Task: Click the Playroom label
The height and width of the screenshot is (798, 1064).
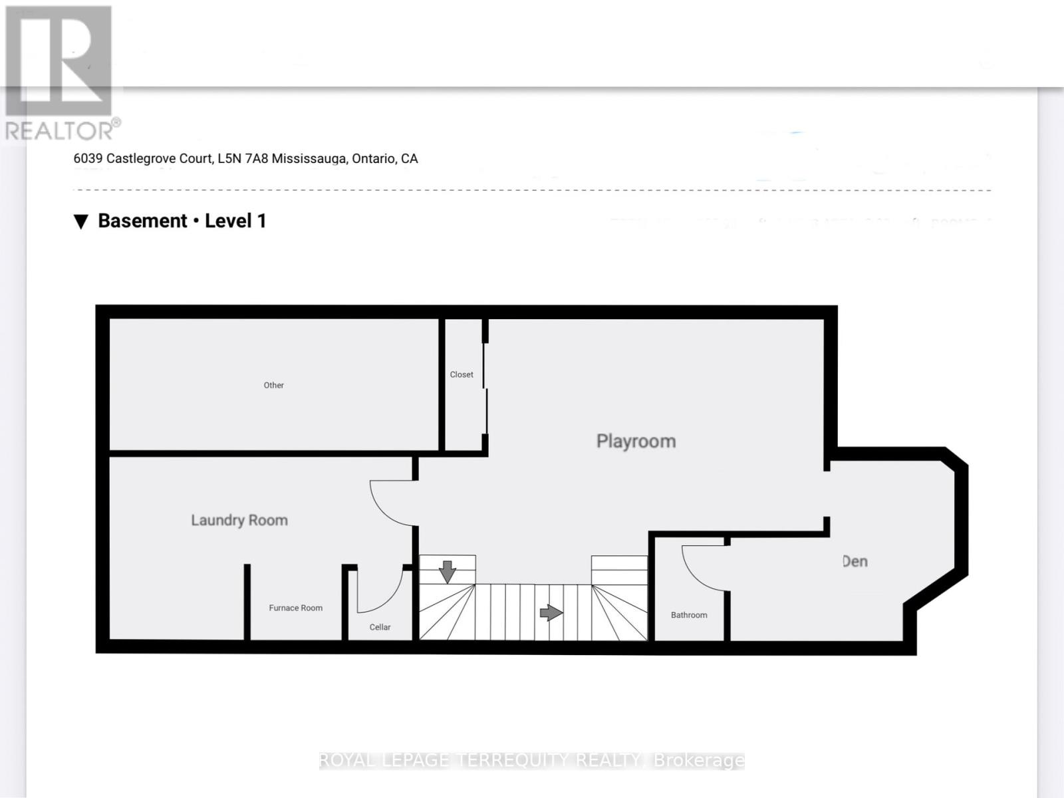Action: click(x=636, y=441)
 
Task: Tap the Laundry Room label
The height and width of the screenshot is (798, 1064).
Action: click(x=239, y=520)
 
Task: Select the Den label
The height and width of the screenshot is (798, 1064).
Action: click(x=855, y=561)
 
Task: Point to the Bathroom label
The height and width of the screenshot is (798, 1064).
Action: click(x=689, y=615)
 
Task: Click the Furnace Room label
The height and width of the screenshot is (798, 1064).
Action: click(x=295, y=608)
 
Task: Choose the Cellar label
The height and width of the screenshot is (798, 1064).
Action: click(x=380, y=627)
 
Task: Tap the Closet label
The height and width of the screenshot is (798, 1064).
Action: click(x=462, y=374)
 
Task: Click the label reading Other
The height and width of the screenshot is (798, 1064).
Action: click(x=273, y=385)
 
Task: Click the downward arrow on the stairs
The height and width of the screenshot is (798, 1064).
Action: click(x=447, y=571)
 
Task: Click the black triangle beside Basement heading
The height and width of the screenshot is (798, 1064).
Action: click(x=81, y=221)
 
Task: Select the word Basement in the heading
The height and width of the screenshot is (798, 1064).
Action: click(x=142, y=221)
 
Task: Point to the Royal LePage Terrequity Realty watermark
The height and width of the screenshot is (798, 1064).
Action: click(x=531, y=760)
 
